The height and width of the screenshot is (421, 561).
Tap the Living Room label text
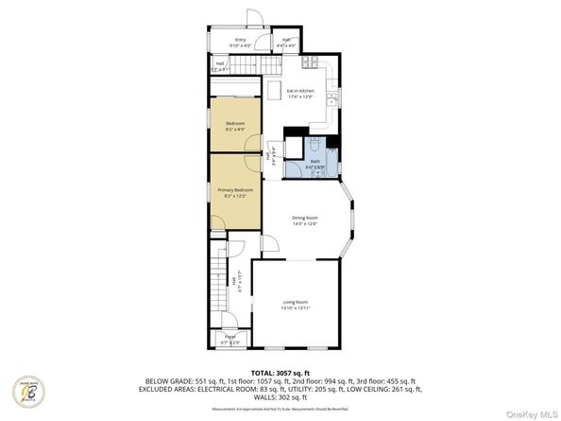[296, 302]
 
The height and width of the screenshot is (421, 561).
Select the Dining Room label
[304, 219]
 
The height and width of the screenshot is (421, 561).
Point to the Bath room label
[315, 161]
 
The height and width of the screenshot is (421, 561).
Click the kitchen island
[274, 91]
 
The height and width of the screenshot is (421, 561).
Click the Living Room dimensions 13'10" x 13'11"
[296, 308]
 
